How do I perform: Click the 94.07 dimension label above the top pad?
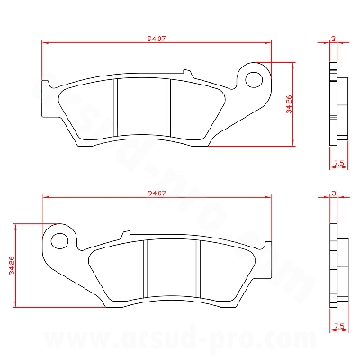point(156,39)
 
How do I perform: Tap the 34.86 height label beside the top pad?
point(289,104)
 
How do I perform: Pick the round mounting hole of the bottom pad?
point(60,240)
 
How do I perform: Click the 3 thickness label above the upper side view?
point(333,39)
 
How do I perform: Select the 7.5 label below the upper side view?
point(338,163)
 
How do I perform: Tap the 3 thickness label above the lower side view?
point(333,193)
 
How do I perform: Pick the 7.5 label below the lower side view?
point(338,324)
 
